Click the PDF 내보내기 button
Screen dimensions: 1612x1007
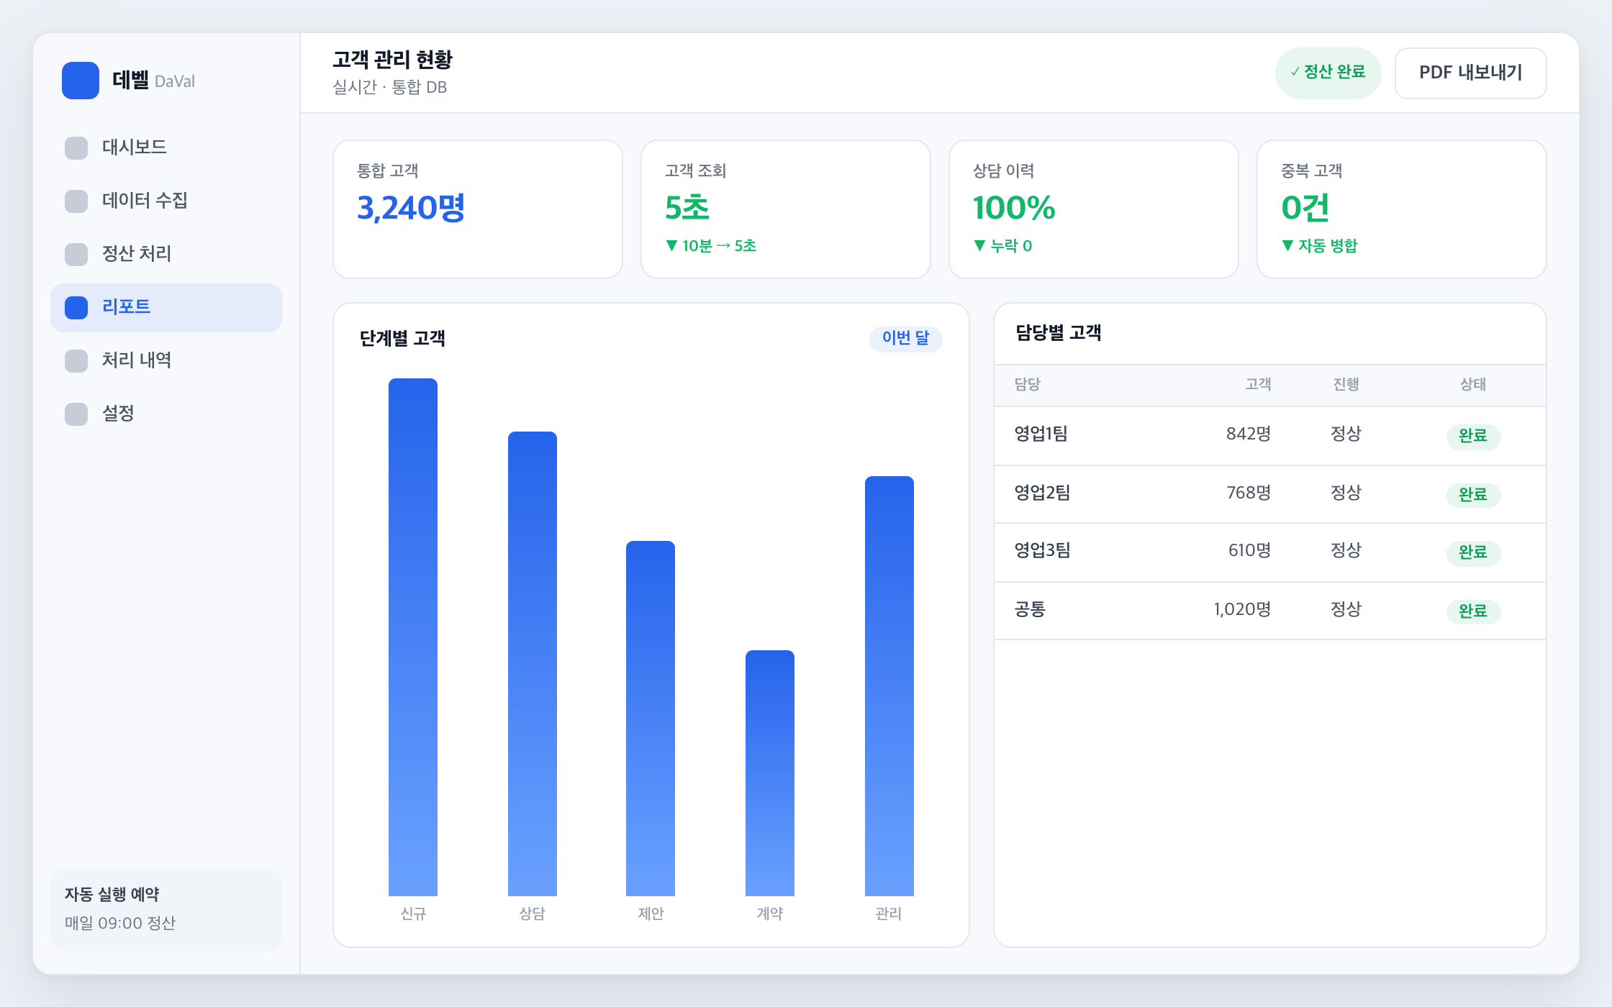[1470, 73]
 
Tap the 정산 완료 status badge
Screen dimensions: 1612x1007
[1328, 73]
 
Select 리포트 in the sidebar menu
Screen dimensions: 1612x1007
[166, 307]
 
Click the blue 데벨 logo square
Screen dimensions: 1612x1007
[81, 81]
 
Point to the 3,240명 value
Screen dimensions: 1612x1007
[411, 208]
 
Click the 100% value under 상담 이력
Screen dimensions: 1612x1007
[1013, 208]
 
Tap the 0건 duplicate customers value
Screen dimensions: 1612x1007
[1305, 208]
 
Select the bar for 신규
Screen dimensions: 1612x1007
[413, 637]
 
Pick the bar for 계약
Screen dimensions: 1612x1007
[770, 773]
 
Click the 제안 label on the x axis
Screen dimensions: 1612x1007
[651, 913]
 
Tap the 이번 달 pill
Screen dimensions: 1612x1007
[905, 338]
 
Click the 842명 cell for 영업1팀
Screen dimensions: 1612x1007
[1249, 434]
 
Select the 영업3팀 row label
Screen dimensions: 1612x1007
[1042, 550]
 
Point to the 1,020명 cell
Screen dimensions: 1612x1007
[1242, 609]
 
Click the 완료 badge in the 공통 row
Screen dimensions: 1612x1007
[1473, 611]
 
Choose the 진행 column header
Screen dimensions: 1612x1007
[1346, 384]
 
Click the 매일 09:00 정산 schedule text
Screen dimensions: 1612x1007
[120, 923]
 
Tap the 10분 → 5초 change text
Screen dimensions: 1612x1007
[719, 246]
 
